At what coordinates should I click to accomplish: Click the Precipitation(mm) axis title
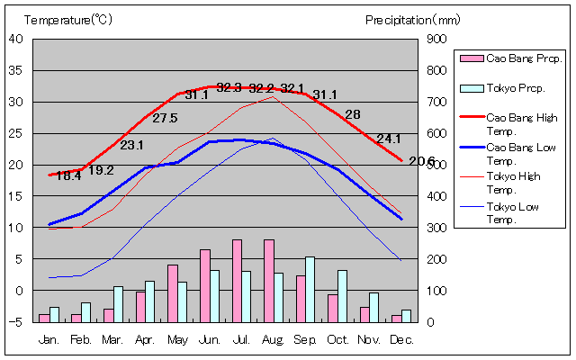(412, 19)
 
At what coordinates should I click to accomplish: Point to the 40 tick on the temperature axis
(17, 39)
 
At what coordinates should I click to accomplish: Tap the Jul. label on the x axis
(240, 339)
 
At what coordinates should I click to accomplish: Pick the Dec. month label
(401, 339)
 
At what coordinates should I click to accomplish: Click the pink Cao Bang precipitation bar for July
(237, 281)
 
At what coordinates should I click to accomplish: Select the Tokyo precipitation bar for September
(310, 289)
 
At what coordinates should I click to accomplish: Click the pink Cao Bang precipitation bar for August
(268, 281)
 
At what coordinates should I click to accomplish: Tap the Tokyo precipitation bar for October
(342, 296)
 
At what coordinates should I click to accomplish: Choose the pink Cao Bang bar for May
(173, 293)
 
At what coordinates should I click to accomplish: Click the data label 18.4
(68, 176)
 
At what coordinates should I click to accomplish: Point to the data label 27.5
(165, 118)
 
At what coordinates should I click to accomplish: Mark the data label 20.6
(421, 161)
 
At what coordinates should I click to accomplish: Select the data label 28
(353, 114)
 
